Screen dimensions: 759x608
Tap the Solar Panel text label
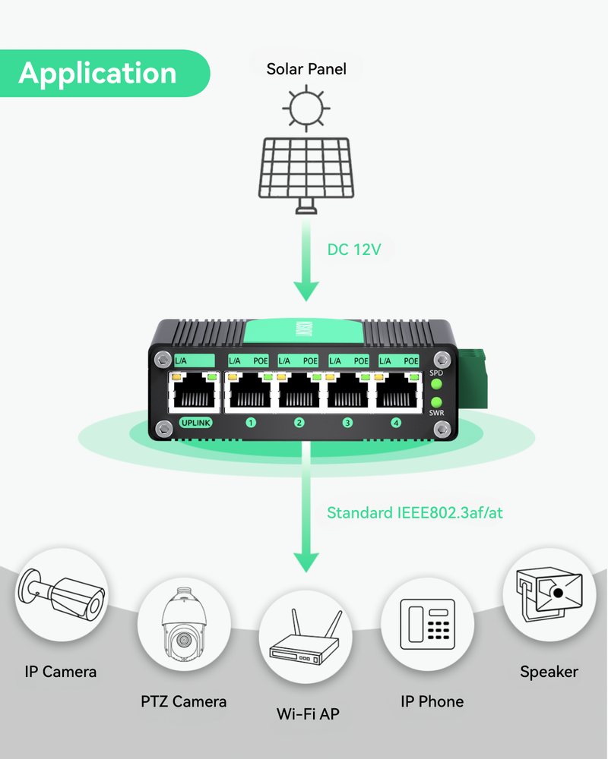(x=306, y=69)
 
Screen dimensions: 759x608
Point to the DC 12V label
(x=353, y=249)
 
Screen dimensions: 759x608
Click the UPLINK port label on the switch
(x=195, y=423)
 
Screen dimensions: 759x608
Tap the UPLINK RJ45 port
(x=195, y=392)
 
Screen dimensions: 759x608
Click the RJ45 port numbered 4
(x=397, y=392)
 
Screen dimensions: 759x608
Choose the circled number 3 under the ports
(x=347, y=423)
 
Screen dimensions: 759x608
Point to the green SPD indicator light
(x=436, y=384)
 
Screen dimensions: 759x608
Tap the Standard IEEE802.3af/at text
(x=415, y=513)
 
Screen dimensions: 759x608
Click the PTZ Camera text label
(x=183, y=701)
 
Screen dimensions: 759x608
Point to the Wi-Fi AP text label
(x=308, y=714)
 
